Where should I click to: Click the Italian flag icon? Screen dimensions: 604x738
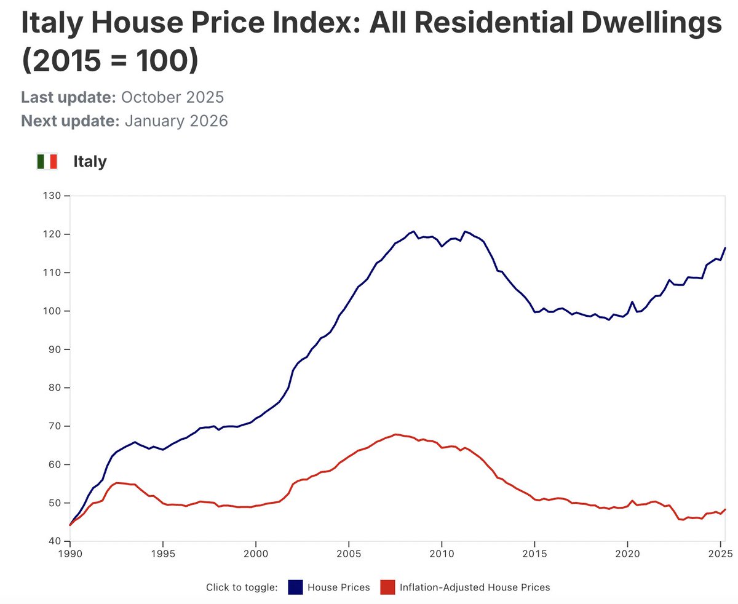click(x=47, y=162)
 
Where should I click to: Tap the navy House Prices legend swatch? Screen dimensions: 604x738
click(x=296, y=587)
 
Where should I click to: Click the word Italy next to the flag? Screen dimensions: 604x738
click(x=90, y=162)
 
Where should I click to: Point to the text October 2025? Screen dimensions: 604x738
click(x=172, y=98)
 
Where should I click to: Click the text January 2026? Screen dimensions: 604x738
click(x=176, y=121)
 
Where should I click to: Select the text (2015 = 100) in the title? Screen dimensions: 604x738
click(x=110, y=62)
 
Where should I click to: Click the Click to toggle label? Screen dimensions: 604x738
click(x=242, y=587)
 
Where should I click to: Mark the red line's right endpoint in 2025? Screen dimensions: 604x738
click(x=726, y=509)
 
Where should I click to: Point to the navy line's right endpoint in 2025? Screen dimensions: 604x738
click(x=726, y=248)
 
